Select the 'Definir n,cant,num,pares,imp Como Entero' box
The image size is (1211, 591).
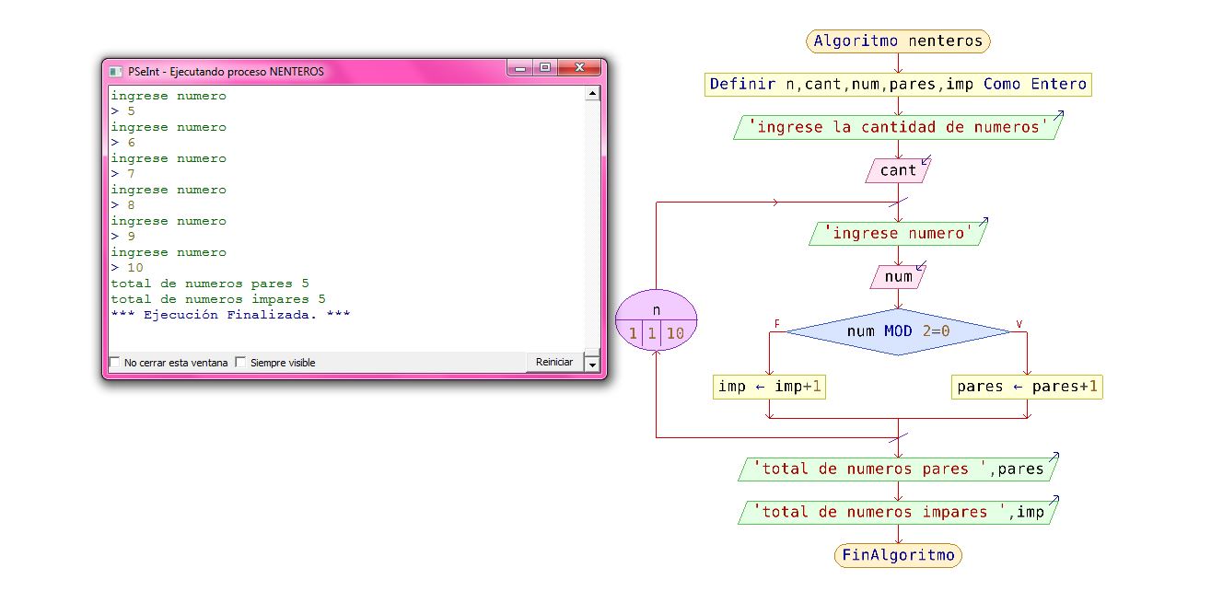[898, 85]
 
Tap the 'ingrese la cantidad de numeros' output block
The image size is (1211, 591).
[898, 127]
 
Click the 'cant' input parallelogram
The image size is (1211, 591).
[898, 170]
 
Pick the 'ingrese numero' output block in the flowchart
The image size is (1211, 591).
[898, 234]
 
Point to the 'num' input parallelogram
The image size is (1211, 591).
[898, 276]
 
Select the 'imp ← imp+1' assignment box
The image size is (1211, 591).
[769, 387]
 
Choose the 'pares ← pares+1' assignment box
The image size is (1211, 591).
[1027, 387]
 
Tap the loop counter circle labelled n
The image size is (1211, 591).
[656, 321]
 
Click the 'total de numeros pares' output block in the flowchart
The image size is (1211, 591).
[898, 469]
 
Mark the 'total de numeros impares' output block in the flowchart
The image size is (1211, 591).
[898, 512]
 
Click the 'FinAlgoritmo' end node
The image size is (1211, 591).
[898, 555]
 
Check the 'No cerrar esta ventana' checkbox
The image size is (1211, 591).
[115, 363]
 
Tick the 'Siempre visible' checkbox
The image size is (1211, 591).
[241, 363]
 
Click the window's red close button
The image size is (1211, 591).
[579, 68]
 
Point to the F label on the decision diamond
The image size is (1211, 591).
[777, 324]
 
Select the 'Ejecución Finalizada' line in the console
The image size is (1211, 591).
[230, 315]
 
